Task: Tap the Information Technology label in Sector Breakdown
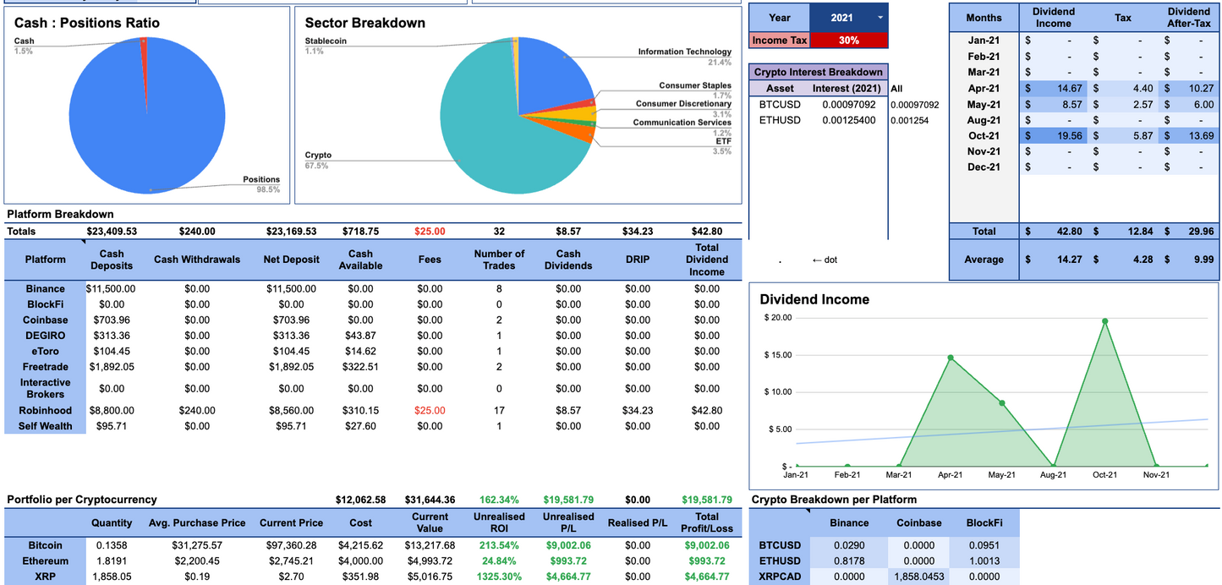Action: (684, 52)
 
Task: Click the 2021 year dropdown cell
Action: (848, 17)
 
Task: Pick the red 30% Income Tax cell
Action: (848, 40)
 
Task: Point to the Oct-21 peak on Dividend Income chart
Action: (1104, 321)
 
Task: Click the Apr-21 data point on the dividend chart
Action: (951, 358)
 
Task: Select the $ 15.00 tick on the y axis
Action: (777, 355)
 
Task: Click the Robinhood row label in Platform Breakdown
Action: (46, 410)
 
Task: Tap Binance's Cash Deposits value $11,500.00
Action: (111, 288)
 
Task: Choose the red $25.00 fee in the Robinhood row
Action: (430, 410)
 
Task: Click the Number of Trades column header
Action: (499, 260)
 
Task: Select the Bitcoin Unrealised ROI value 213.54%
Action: (499, 545)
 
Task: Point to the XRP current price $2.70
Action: (291, 577)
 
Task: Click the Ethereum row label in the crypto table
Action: (46, 561)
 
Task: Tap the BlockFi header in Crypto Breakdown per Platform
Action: (984, 523)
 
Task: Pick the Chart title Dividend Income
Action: (814, 299)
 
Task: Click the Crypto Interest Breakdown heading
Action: (818, 72)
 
